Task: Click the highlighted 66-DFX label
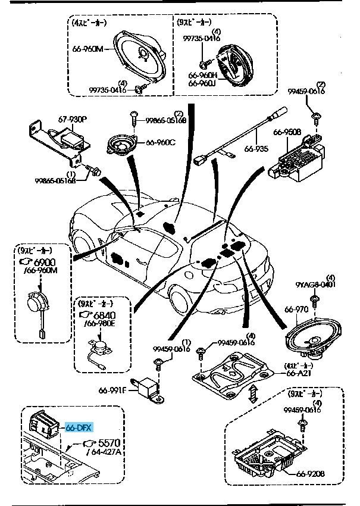pos(79,427)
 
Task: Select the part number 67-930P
pos(72,120)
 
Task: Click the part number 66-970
pos(296,309)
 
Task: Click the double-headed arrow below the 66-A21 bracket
pos(253,391)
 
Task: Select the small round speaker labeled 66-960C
pos(123,145)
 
